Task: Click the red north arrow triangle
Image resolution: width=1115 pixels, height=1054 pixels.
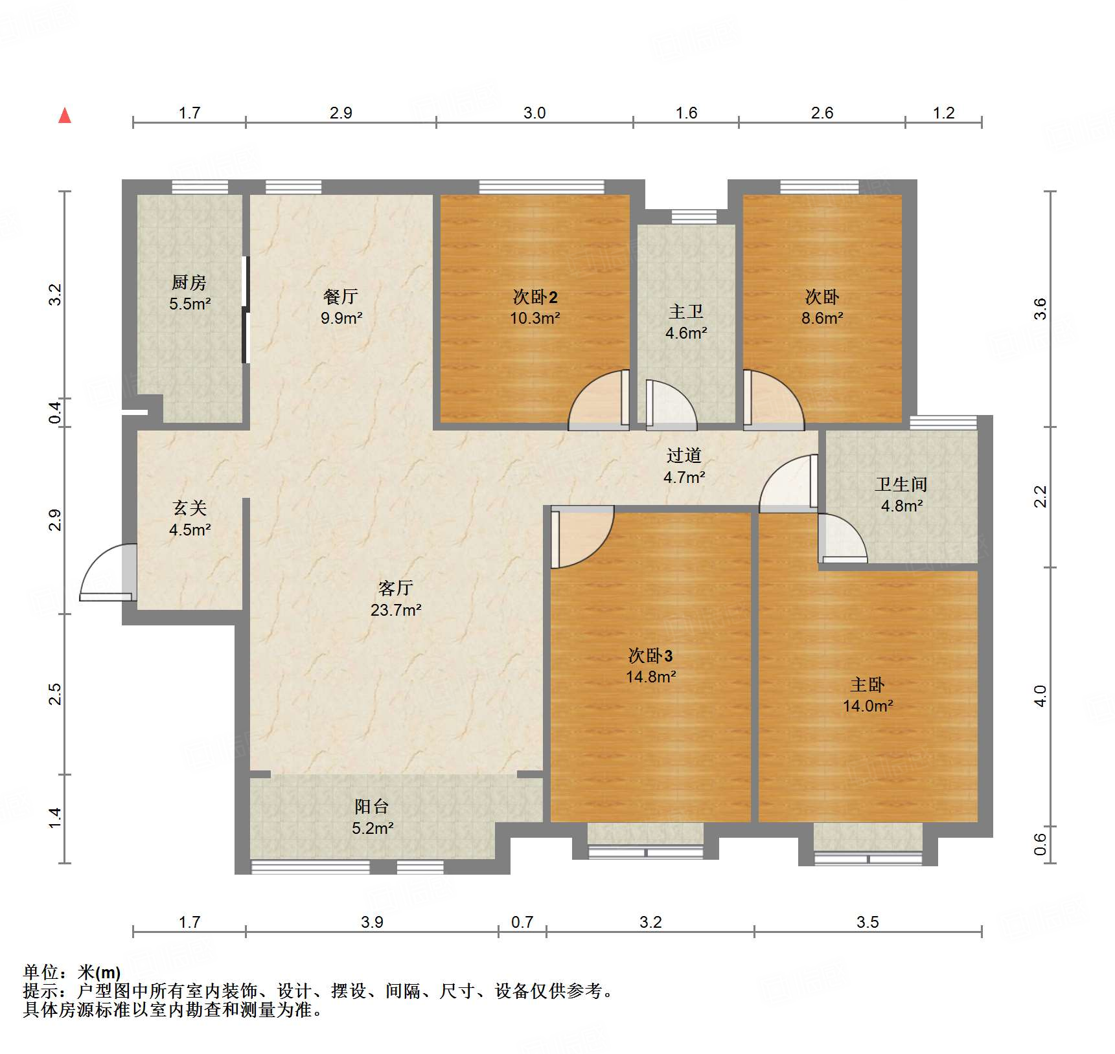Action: pyautogui.click(x=65, y=116)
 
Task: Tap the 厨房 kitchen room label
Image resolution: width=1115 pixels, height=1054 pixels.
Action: pyautogui.click(x=189, y=282)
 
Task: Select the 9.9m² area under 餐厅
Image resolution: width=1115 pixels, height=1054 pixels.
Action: pyautogui.click(x=341, y=318)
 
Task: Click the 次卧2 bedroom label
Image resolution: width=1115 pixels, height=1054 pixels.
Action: pyautogui.click(x=535, y=297)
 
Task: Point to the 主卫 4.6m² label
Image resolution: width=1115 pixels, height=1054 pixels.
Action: pyautogui.click(x=686, y=322)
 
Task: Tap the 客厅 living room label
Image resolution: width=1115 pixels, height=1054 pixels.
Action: pyautogui.click(x=395, y=588)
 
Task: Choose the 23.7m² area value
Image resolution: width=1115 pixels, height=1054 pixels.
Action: pyautogui.click(x=396, y=610)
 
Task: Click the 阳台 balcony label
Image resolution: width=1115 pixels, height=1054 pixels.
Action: pyautogui.click(x=372, y=806)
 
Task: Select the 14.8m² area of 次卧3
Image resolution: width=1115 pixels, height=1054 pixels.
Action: pyautogui.click(x=650, y=677)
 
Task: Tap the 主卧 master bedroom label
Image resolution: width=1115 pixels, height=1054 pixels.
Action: pyautogui.click(x=868, y=684)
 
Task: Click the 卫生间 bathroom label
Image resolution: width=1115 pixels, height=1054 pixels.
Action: pyautogui.click(x=901, y=484)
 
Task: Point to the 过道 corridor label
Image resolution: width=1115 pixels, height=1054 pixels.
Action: pyautogui.click(x=684, y=456)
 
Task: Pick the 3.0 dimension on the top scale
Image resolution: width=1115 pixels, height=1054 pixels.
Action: pyautogui.click(x=535, y=113)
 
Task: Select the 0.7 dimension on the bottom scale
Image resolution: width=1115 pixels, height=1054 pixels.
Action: pyautogui.click(x=522, y=922)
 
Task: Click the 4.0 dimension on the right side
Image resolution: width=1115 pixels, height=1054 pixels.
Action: pyautogui.click(x=1040, y=696)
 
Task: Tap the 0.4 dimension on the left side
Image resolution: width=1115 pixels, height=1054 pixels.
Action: pyautogui.click(x=56, y=412)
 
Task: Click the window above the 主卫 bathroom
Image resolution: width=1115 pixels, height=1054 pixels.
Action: pyautogui.click(x=694, y=216)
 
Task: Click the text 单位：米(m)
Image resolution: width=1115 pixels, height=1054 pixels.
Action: pyautogui.click(x=72, y=972)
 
